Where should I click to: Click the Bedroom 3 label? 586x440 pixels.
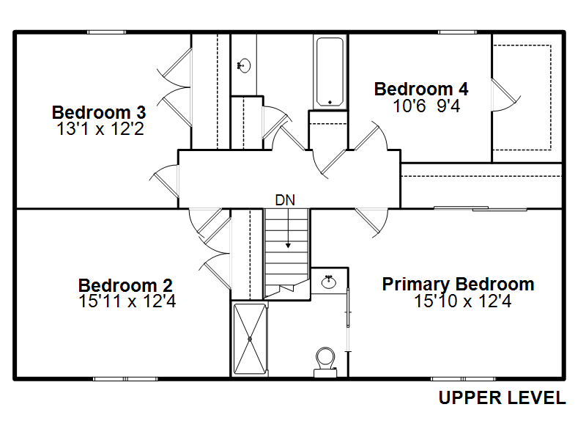99,112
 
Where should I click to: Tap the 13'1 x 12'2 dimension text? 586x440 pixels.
100,129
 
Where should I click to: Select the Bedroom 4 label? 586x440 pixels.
421,89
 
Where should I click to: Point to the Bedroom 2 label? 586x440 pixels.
125,285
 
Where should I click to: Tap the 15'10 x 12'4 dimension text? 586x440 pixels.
463,301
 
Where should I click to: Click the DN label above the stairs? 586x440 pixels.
285,200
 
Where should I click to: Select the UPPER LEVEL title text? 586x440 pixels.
502,397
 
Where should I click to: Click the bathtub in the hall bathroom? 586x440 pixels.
330,71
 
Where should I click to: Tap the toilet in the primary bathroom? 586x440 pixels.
325,362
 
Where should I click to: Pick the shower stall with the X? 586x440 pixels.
250,339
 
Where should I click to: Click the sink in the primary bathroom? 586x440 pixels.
329,282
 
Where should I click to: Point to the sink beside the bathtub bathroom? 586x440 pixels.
244,66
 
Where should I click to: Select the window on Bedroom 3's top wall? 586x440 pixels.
106,32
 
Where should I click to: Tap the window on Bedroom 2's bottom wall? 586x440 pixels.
125,379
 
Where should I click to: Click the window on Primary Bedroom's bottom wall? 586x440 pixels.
463,379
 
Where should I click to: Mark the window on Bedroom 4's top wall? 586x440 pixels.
457,32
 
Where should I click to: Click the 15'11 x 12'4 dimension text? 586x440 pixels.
127,301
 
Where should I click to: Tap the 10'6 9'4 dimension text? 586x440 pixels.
426,106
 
